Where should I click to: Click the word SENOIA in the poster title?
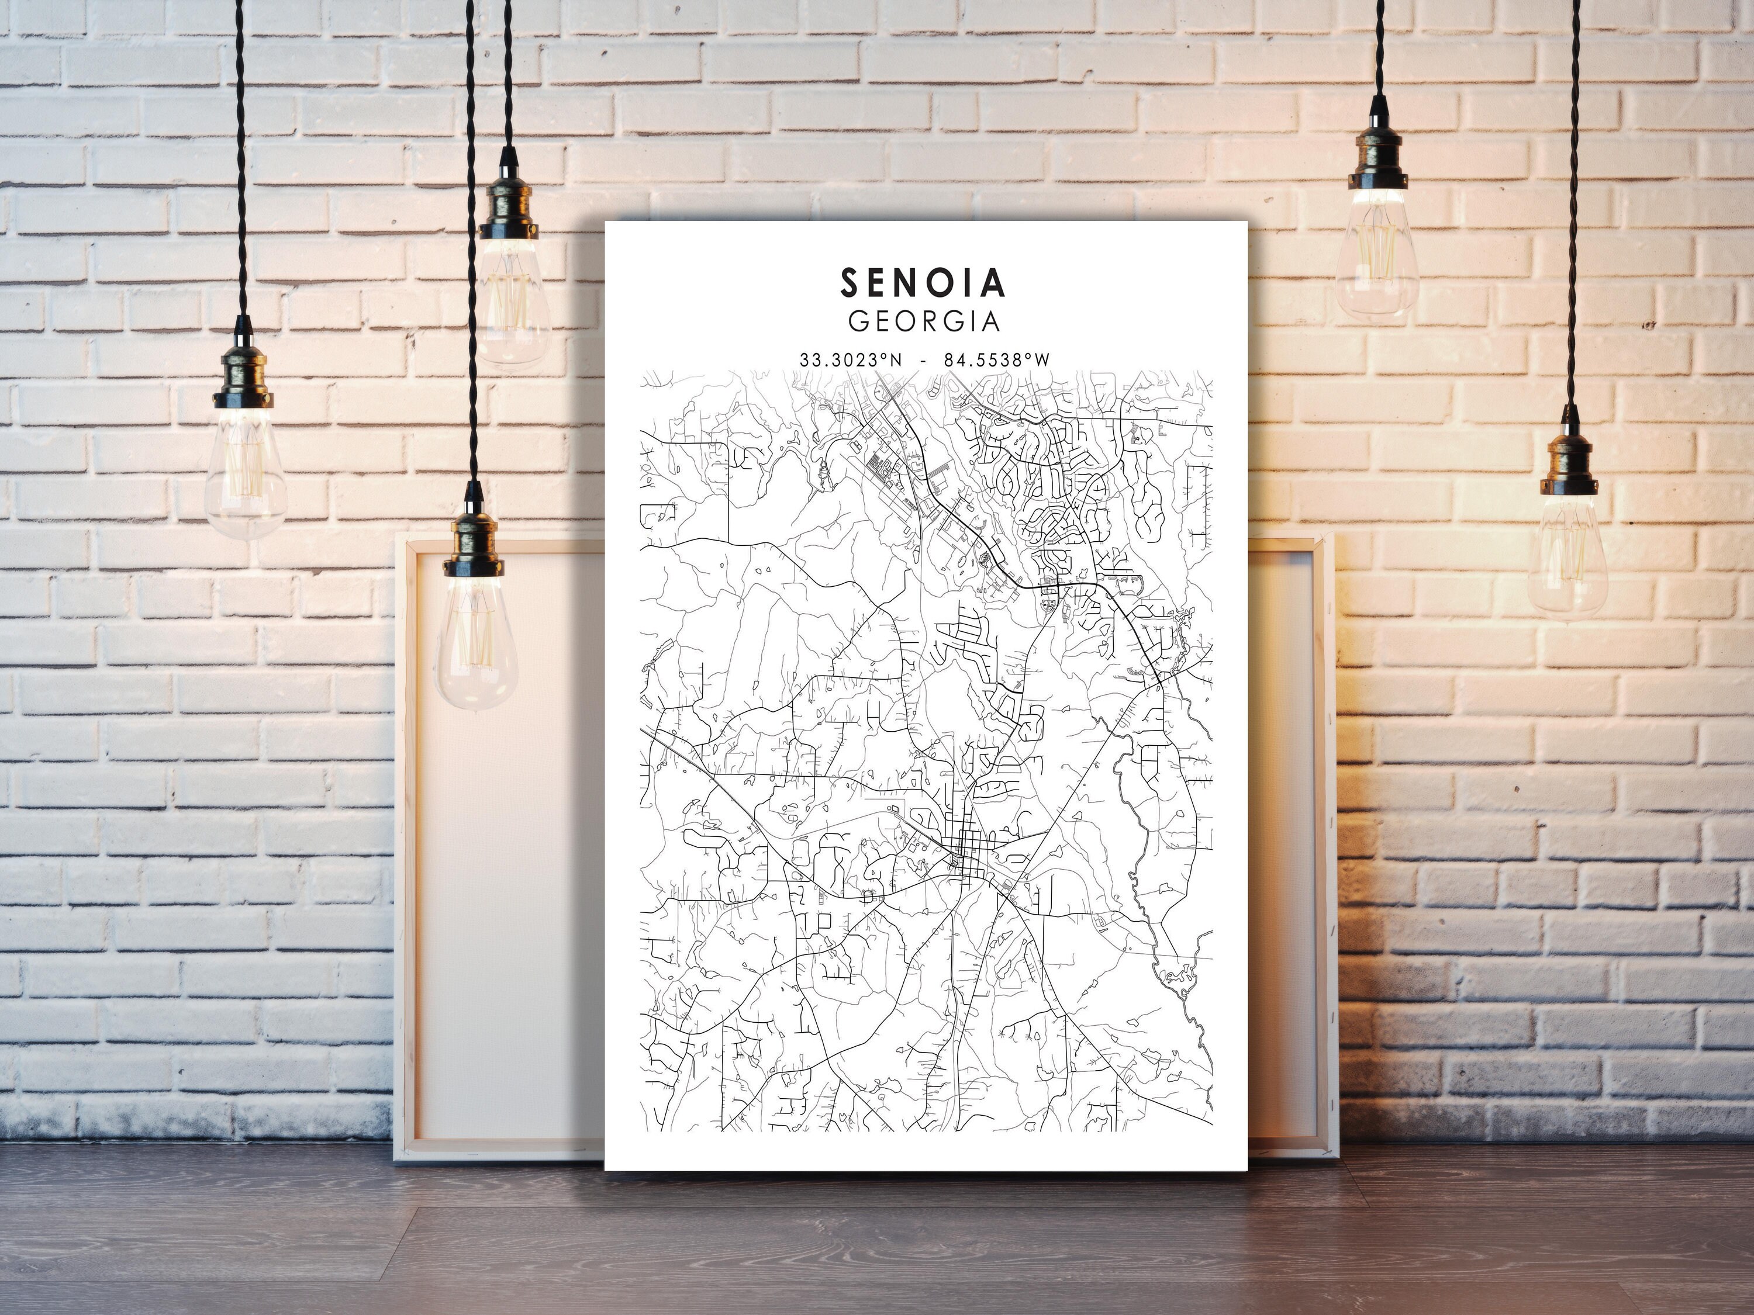click(x=923, y=282)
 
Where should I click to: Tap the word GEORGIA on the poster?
click(x=924, y=321)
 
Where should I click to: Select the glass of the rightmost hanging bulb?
click(x=1567, y=555)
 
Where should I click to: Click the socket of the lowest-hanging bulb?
click(x=474, y=545)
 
